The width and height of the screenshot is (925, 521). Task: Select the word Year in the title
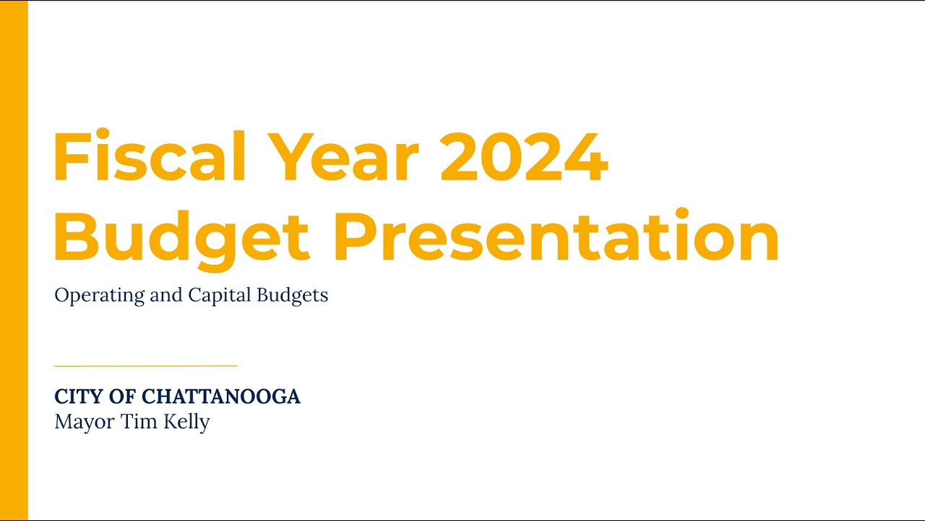(x=347, y=157)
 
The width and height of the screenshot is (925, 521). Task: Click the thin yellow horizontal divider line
(x=145, y=366)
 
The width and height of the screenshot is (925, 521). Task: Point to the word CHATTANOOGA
(x=221, y=397)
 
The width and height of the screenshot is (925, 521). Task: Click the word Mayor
(x=82, y=423)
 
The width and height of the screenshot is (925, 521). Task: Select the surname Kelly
(x=186, y=423)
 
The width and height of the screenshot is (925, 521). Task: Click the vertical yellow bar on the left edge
(x=14, y=260)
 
